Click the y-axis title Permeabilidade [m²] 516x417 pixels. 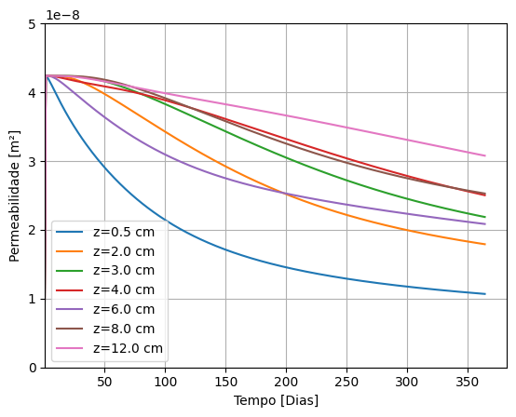(x=15, y=195)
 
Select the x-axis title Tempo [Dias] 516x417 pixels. (x=276, y=401)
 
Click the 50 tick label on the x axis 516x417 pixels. (x=104, y=383)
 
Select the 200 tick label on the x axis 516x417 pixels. (x=286, y=383)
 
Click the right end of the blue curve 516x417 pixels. (x=485, y=294)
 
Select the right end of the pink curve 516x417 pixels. (x=485, y=155)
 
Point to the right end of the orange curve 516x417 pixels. (x=485, y=245)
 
